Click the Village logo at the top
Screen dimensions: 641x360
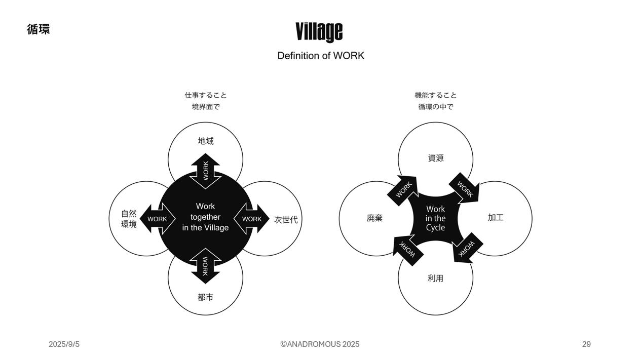click(x=319, y=32)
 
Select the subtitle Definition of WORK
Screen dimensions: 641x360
click(x=321, y=56)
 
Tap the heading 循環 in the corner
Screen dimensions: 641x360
click(x=39, y=29)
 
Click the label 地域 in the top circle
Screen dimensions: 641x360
click(x=205, y=141)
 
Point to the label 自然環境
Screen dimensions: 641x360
click(x=129, y=219)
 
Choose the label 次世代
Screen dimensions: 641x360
click(x=286, y=220)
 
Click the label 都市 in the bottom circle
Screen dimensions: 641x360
click(x=205, y=297)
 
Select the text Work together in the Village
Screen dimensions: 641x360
click(x=205, y=217)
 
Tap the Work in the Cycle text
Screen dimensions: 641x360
click(x=435, y=218)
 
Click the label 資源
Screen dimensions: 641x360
click(x=436, y=158)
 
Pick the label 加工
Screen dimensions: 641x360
click(x=496, y=218)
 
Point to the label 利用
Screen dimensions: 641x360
click(x=435, y=278)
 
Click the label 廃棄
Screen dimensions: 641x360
click(x=374, y=218)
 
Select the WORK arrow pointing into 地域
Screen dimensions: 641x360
click(x=205, y=171)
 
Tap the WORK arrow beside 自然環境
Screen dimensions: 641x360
click(x=158, y=219)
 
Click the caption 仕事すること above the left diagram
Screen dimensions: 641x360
click(x=205, y=95)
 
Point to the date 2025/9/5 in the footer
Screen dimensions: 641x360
click(x=64, y=344)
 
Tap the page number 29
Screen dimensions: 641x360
click(x=586, y=344)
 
